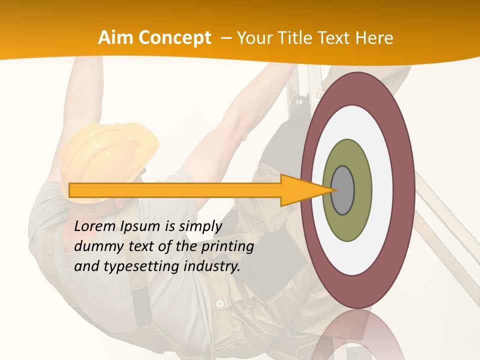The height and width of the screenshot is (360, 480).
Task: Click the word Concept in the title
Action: click(175, 38)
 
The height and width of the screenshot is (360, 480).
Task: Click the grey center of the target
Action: click(343, 190)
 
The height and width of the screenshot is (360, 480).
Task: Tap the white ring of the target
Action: click(357, 255)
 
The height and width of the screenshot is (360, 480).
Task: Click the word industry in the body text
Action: click(212, 266)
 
